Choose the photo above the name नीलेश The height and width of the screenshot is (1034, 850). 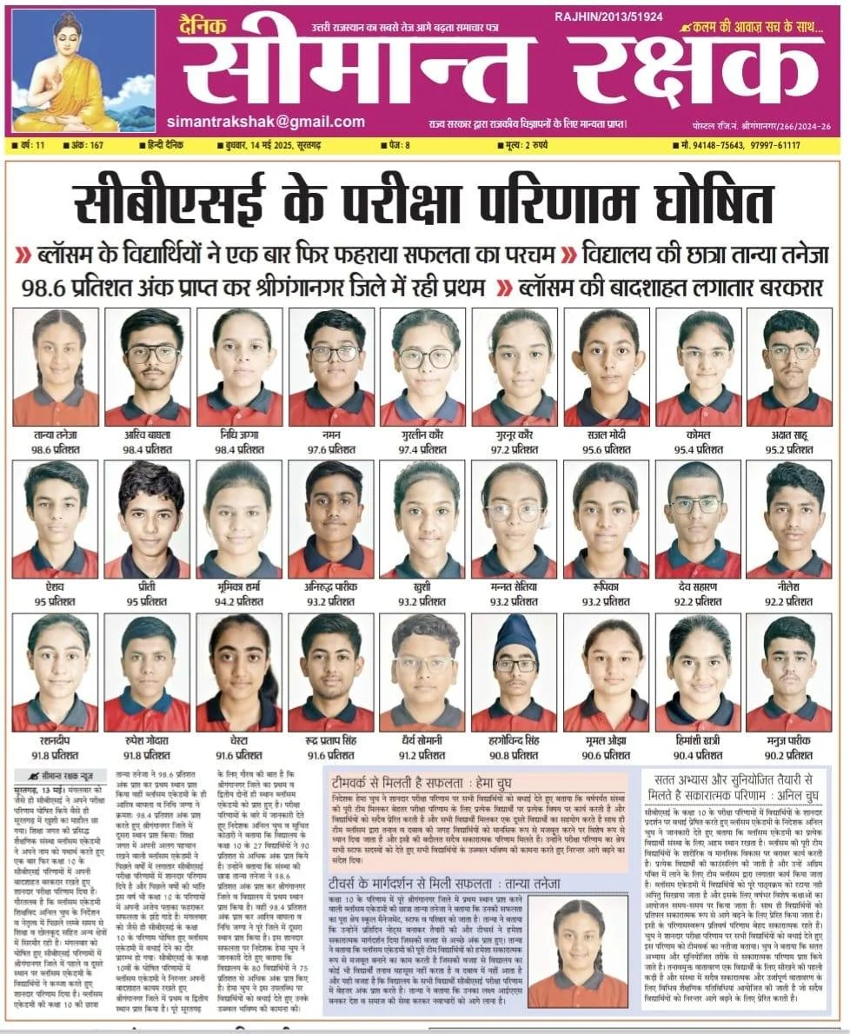coord(788,520)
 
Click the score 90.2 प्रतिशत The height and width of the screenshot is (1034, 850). coord(788,756)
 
